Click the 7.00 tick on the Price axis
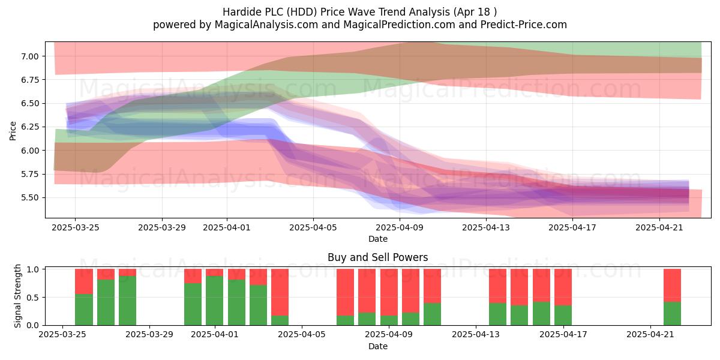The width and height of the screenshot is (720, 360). pyautogui.click(x=29, y=56)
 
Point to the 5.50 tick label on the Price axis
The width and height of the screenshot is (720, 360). pyautogui.click(x=29, y=197)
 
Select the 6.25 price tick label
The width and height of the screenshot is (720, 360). pyautogui.click(x=29, y=127)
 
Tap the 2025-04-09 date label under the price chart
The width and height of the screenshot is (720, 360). pyautogui.click(x=400, y=227)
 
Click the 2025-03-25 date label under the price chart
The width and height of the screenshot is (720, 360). pyautogui.click(x=76, y=227)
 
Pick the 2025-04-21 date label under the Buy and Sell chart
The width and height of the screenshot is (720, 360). pyautogui.click(x=650, y=334)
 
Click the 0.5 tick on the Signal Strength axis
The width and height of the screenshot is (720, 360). pyautogui.click(x=34, y=298)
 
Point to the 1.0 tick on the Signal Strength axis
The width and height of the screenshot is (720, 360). pyautogui.click(x=34, y=269)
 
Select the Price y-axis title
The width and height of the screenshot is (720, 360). pyautogui.click(x=13, y=131)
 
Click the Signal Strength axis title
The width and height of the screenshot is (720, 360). pyautogui.click(x=17, y=296)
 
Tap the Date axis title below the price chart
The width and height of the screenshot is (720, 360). pyautogui.click(x=378, y=239)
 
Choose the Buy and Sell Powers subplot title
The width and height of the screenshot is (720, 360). pyautogui.click(x=377, y=257)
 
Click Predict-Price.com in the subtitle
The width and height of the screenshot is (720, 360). pyautogui.click(x=524, y=25)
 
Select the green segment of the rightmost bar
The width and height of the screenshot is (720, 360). pyautogui.click(x=672, y=313)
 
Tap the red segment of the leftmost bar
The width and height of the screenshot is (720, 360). pyautogui.click(x=84, y=281)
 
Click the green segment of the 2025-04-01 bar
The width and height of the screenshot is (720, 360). pyautogui.click(x=214, y=301)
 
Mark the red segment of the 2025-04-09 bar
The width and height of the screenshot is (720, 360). pyautogui.click(x=389, y=293)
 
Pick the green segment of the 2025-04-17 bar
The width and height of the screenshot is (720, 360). pyautogui.click(x=563, y=315)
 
